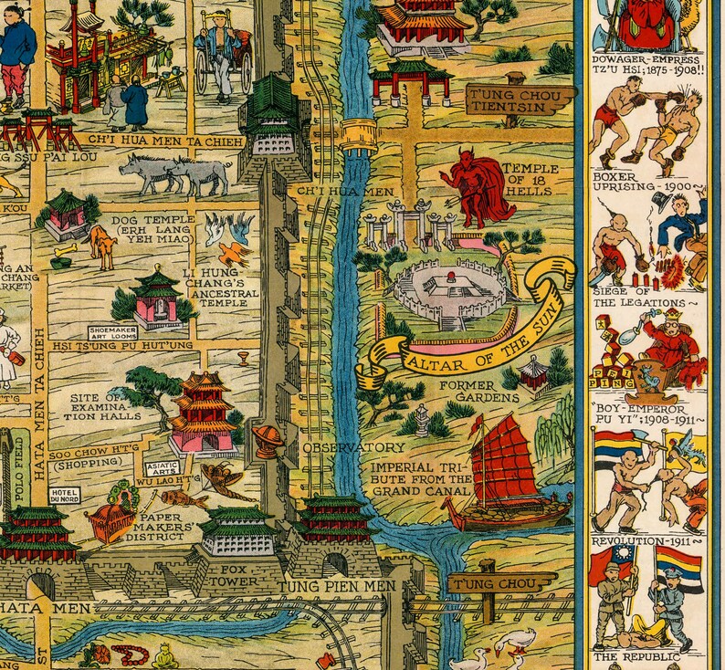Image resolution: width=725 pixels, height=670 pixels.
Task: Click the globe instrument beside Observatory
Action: click(268, 439)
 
